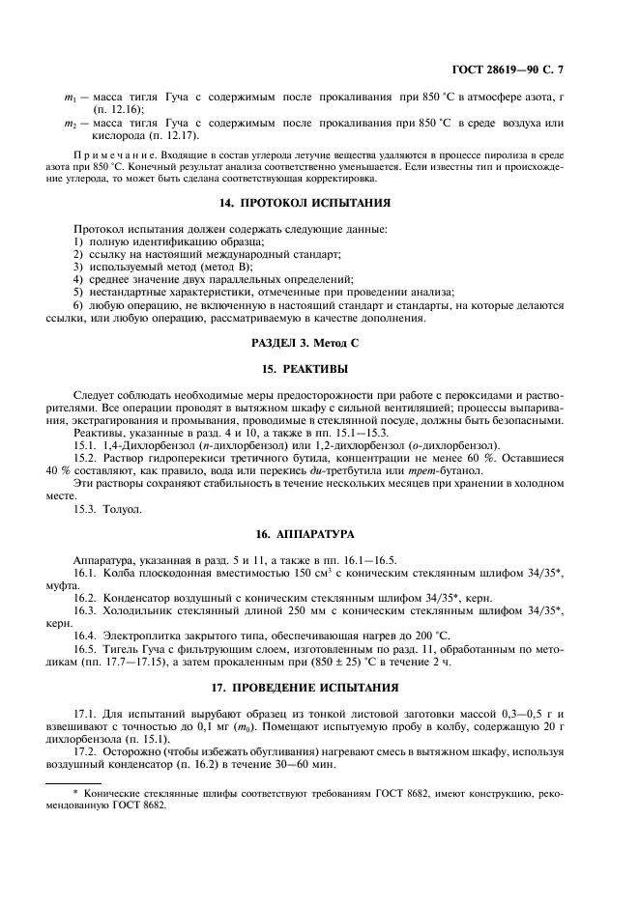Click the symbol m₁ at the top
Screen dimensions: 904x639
(70, 99)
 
